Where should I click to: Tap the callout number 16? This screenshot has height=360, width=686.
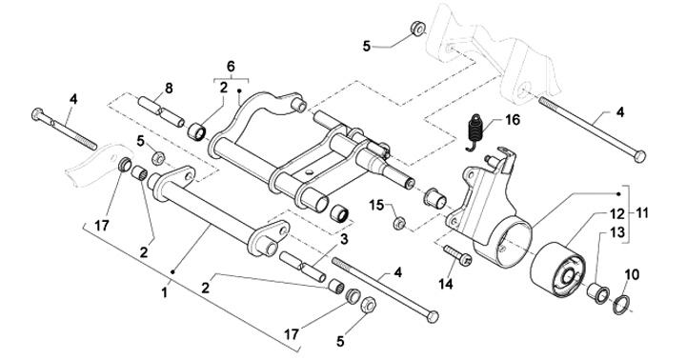pos(513,120)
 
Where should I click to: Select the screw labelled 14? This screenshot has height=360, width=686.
pos(457,255)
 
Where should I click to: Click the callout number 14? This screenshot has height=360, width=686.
pos(446,284)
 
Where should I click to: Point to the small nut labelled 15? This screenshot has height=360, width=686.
pos(398,224)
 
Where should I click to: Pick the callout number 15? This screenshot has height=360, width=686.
pos(376,205)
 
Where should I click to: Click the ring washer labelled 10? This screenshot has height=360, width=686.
pos(621,305)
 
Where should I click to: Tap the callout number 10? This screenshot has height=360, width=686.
pos(632,275)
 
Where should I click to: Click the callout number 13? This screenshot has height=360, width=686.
pos(617,232)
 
